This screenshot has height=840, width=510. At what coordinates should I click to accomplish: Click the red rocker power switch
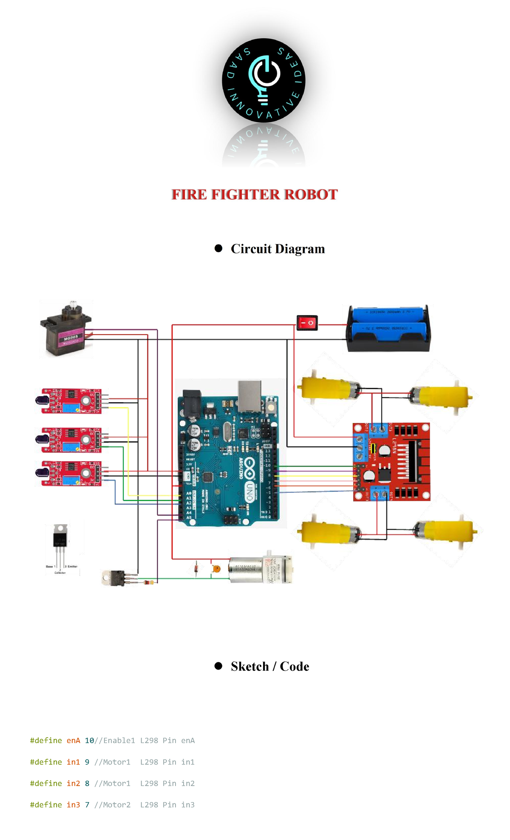click(307, 323)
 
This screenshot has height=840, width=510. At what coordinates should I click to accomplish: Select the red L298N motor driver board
click(391, 462)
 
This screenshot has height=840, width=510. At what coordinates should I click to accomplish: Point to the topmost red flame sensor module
click(71, 400)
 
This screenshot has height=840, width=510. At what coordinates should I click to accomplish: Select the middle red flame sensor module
click(71, 440)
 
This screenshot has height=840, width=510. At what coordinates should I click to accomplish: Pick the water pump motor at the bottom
click(260, 569)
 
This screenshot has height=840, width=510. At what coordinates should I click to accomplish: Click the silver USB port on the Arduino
click(249, 396)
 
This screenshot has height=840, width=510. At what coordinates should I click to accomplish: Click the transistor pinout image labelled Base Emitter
click(61, 549)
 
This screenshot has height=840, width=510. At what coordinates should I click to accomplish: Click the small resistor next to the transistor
click(149, 582)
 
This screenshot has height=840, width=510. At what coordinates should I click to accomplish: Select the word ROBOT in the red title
click(311, 195)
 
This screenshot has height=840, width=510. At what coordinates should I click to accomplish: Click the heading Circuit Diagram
click(278, 249)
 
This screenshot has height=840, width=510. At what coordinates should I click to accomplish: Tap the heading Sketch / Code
click(270, 666)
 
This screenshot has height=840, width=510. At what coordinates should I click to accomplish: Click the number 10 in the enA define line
click(89, 741)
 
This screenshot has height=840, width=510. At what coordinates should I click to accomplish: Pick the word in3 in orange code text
click(73, 805)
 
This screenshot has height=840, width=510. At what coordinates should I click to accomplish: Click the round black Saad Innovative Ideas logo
click(263, 81)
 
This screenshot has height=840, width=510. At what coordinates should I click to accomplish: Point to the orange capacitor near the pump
click(216, 569)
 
